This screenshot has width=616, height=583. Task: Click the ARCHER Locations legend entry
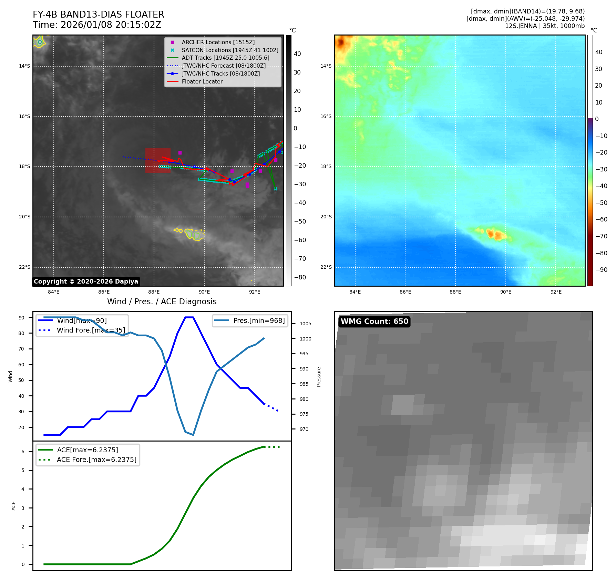point(218,42)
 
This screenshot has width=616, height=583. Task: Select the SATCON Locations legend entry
point(230,50)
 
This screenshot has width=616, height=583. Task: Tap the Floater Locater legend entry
point(202,81)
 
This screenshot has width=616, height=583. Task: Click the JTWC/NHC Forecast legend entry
point(224,66)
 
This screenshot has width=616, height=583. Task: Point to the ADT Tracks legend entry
point(225,58)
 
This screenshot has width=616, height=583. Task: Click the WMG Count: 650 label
point(374,322)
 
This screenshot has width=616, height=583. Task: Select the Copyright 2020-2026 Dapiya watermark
point(86,281)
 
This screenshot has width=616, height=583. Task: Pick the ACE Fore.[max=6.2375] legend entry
point(96,460)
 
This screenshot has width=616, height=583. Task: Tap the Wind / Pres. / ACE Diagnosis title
point(162,302)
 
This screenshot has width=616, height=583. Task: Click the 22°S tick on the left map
point(24,267)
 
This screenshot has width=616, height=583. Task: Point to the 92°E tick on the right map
point(556,292)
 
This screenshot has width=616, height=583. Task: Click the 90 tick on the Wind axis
point(21,318)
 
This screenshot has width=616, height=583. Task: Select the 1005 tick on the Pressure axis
point(305,324)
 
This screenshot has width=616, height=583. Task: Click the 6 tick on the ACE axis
point(23,452)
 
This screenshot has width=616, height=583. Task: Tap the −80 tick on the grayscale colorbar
point(300,277)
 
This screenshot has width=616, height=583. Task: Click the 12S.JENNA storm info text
point(545,26)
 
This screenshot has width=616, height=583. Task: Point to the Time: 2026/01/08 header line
point(97,25)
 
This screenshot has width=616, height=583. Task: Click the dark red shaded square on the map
point(158,160)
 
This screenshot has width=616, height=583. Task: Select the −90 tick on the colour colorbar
point(602,270)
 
